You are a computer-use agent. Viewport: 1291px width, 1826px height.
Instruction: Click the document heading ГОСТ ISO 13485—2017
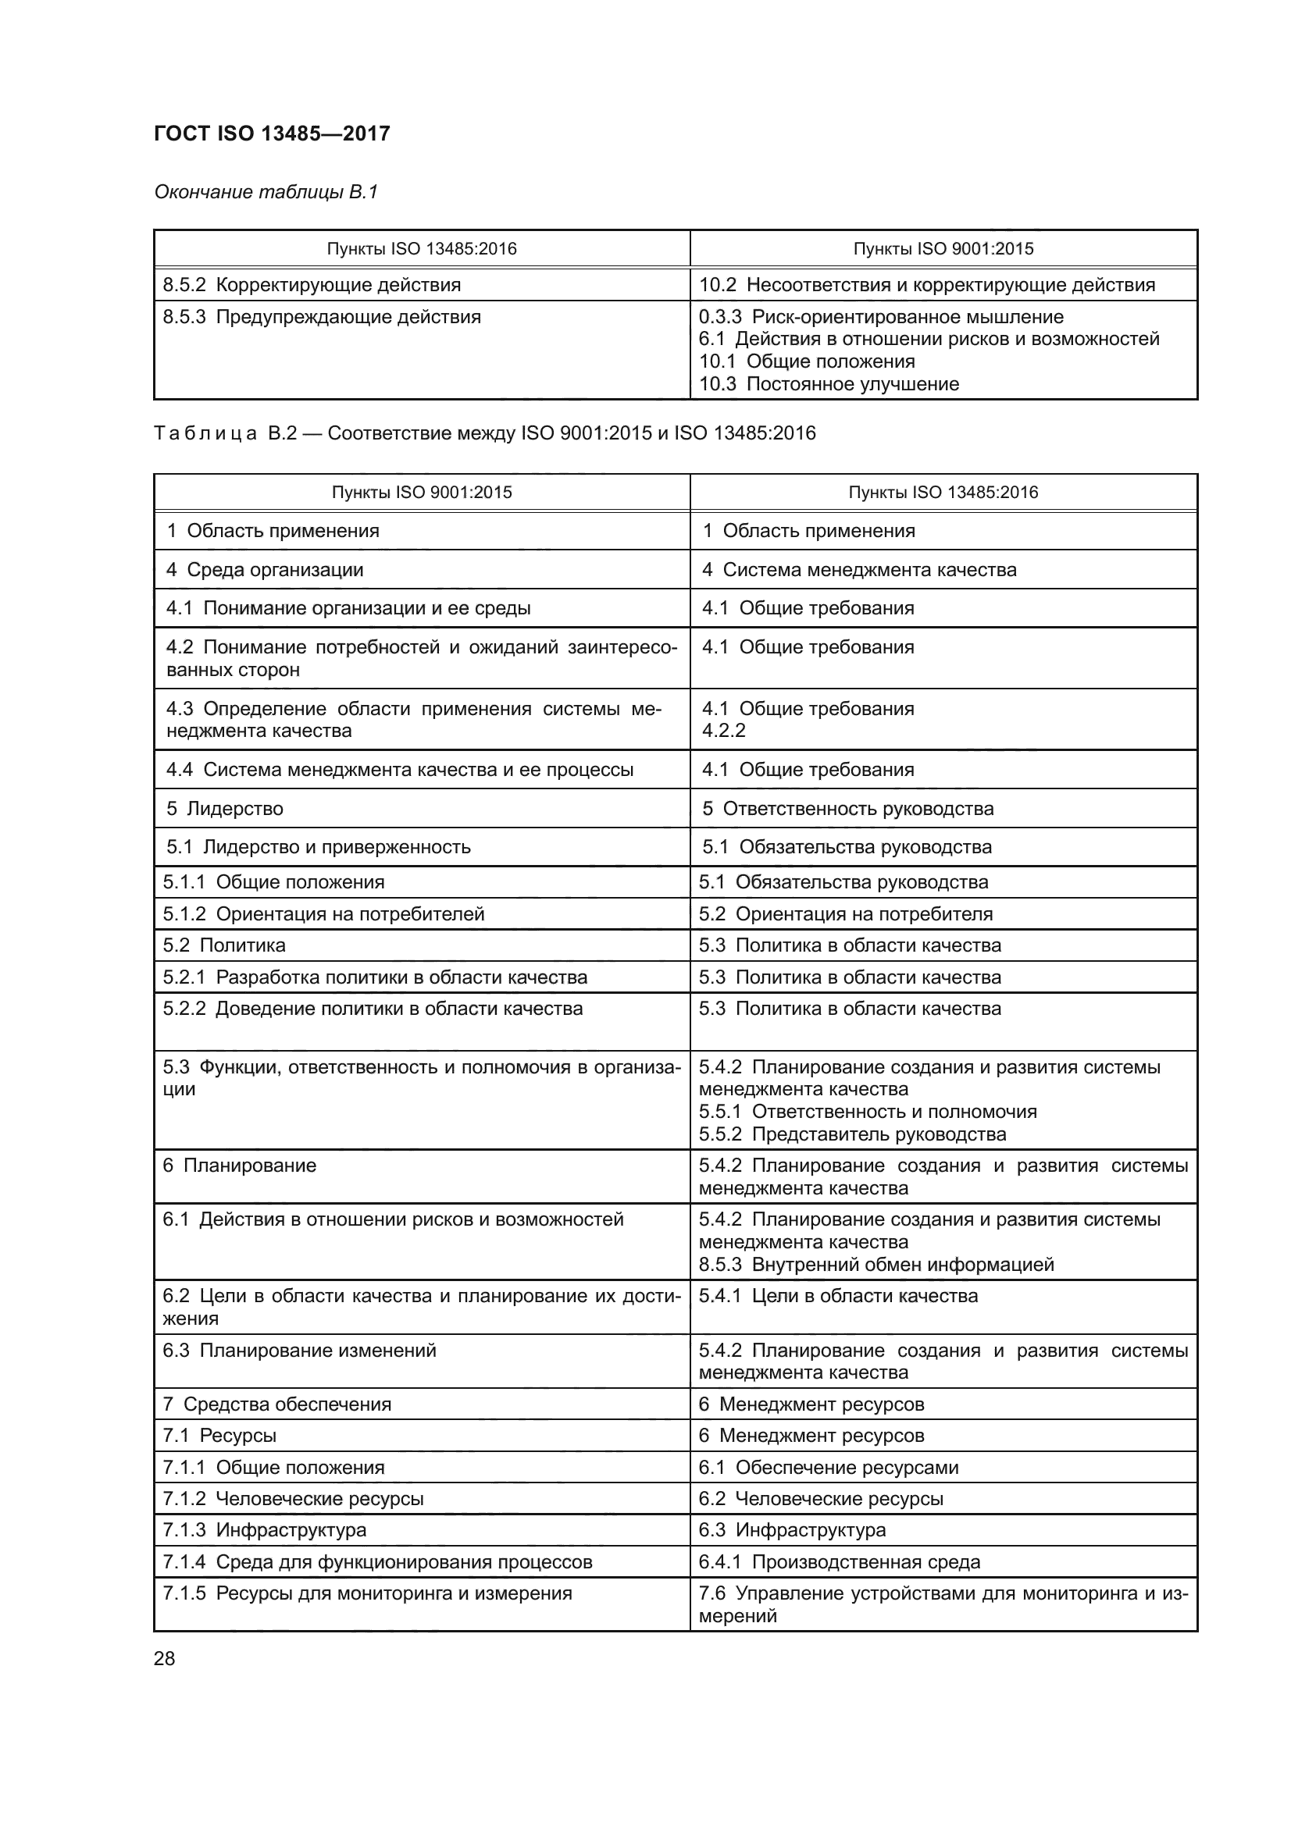[x=271, y=133]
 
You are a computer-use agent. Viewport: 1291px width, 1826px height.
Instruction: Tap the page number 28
[x=164, y=1658]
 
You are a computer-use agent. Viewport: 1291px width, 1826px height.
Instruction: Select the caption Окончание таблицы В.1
[x=266, y=192]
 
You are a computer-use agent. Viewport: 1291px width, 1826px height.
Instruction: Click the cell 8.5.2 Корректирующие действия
[x=312, y=285]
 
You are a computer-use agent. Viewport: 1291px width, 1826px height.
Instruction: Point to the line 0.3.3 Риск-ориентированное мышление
[x=880, y=316]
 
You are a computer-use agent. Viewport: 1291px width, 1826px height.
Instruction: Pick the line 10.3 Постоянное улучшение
[x=829, y=384]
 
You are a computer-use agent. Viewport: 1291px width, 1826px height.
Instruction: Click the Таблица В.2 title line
[x=484, y=432]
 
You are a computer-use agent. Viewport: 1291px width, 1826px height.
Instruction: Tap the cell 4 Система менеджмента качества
[x=858, y=569]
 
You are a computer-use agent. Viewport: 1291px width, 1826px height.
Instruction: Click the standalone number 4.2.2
[x=723, y=731]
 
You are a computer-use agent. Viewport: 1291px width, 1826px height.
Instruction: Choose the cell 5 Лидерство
[x=224, y=809]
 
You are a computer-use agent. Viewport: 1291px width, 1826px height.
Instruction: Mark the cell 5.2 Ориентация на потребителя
[x=846, y=914]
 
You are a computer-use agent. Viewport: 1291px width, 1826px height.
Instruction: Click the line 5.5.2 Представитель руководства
[x=852, y=1134]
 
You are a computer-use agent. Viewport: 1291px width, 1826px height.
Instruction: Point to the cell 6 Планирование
[x=240, y=1165]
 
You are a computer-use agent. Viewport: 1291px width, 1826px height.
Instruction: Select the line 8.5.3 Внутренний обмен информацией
[x=876, y=1265]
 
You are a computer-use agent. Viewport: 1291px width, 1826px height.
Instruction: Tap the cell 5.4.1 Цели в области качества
[x=837, y=1296]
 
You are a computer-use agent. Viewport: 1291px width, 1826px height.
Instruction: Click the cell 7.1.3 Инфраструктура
[x=264, y=1529]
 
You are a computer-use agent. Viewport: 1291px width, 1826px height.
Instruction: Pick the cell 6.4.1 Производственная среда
[x=840, y=1561]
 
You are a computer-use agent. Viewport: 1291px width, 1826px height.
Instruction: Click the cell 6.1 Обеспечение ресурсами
[x=828, y=1468]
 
